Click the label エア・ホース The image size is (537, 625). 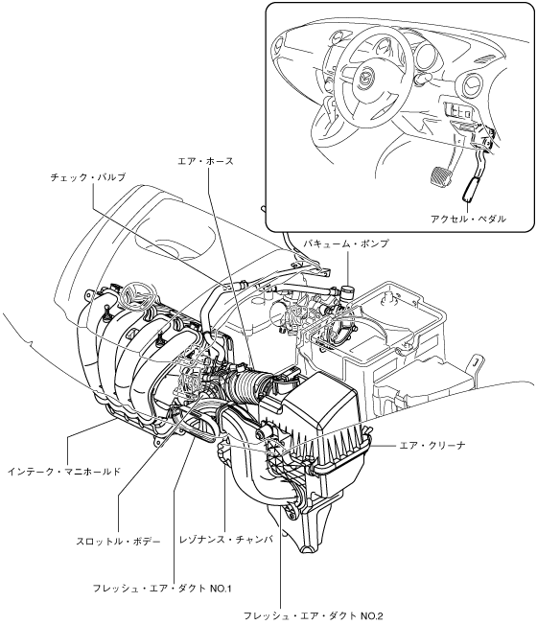(205, 161)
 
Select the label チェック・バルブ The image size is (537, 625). (88, 177)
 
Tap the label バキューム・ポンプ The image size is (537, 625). (345, 243)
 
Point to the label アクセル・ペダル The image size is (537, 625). (468, 219)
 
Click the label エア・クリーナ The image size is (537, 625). (432, 445)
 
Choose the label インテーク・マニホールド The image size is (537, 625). (64, 472)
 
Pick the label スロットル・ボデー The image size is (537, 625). (118, 542)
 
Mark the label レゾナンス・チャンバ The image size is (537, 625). (226, 540)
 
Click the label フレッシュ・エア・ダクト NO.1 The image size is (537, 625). (162, 589)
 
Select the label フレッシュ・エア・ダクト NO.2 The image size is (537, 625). (313, 615)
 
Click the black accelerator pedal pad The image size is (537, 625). (471, 189)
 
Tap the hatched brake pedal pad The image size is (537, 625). (441, 176)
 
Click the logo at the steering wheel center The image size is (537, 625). (366, 78)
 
